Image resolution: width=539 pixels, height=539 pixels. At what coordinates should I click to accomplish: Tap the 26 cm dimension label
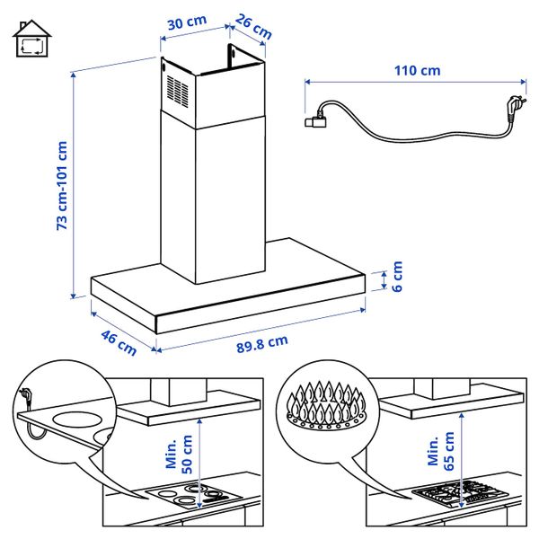[253, 26]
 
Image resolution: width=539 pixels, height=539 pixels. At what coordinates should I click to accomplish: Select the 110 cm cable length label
[418, 69]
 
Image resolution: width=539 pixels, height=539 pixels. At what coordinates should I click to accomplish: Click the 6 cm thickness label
[397, 274]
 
